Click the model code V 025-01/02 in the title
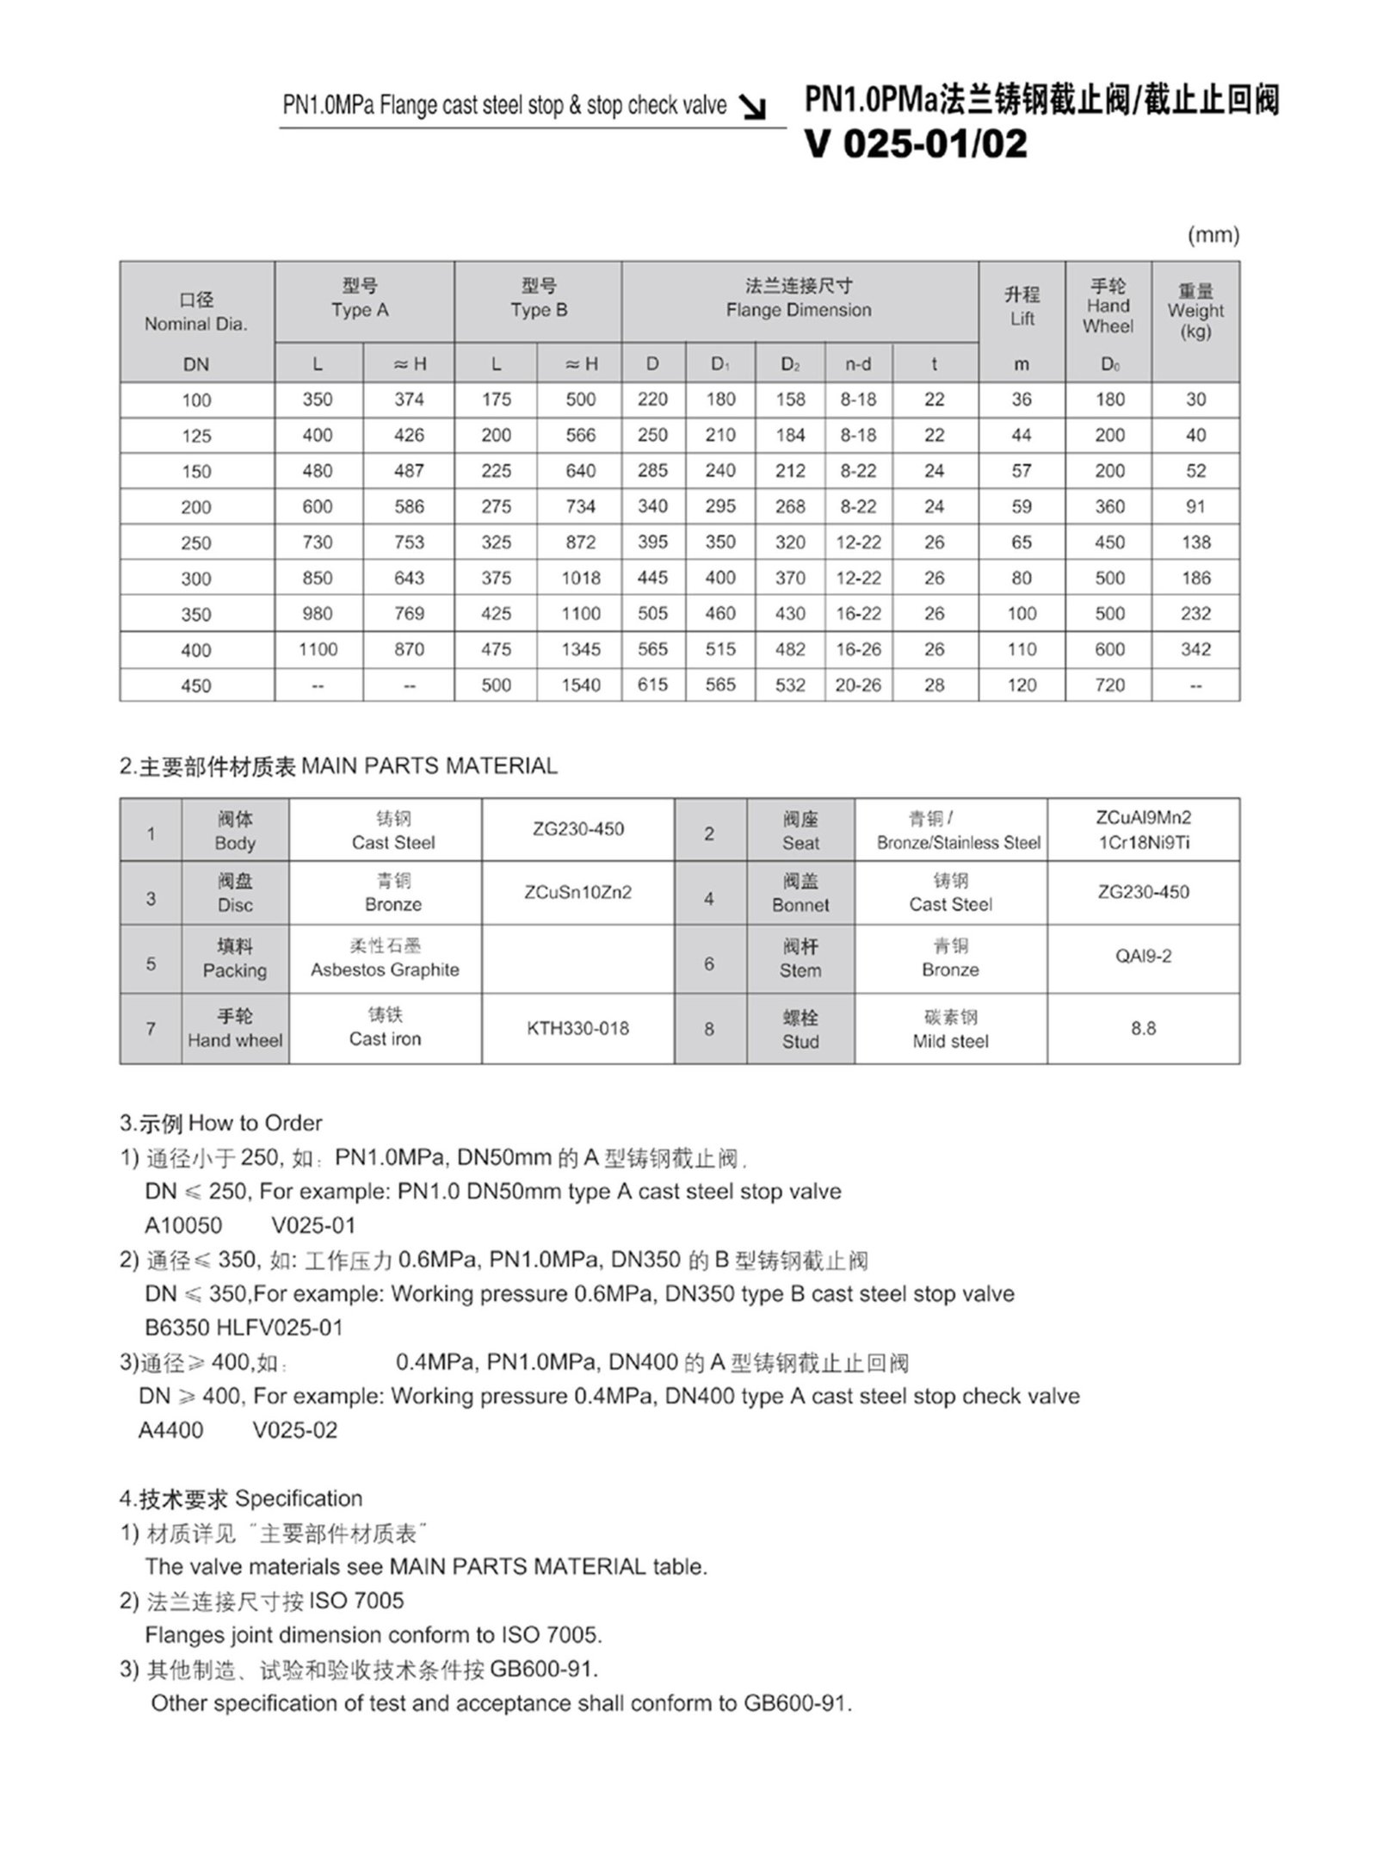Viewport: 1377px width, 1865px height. pyautogui.click(x=916, y=144)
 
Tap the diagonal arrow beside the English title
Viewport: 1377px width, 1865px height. pyautogui.click(x=754, y=108)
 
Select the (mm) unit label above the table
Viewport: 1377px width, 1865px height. pyautogui.click(x=1213, y=235)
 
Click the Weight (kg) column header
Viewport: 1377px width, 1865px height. pyautogui.click(x=1195, y=311)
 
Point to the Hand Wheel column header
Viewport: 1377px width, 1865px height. pyautogui.click(x=1108, y=307)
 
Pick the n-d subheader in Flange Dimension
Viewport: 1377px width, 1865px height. pyautogui.click(x=858, y=364)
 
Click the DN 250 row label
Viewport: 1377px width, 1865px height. pyautogui.click(x=196, y=543)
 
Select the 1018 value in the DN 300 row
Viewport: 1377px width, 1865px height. pyautogui.click(x=580, y=579)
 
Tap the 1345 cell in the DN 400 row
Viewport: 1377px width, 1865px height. pyautogui.click(x=580, y=650)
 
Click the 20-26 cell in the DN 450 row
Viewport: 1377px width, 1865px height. pyautogui.click(x=858, y=685)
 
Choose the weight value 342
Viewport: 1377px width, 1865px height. pyautogui.click(x=1195, y=650)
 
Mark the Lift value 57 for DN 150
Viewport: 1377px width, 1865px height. pyautogui.click(x=1021, y=471)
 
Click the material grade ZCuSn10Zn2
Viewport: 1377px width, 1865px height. pyautogui.click(x=577, y=892)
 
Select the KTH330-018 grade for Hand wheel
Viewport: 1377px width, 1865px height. pyautogui.click(x=577, y=1028)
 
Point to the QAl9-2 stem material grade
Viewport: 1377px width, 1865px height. pyautogui.click(x=1143, y=957)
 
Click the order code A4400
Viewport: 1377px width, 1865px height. pyautogui.click(x=170, y=1429)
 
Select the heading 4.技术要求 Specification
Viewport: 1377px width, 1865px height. pyautogui.click(x=241, y=1498)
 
